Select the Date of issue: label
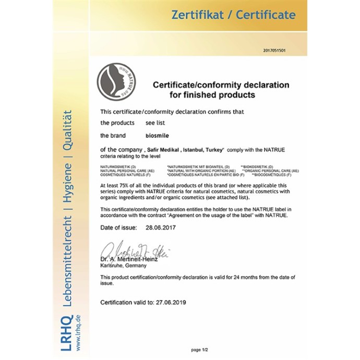coord(118,228)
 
